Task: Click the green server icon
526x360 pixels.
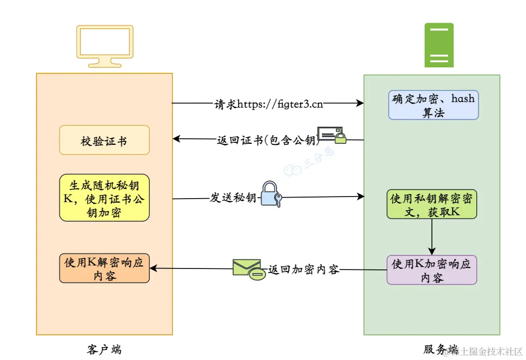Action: coord(439,45)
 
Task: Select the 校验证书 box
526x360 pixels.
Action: coord(105,140)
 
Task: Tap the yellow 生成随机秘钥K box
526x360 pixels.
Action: coord(105,198)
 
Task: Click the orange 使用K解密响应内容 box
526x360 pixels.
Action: coord(105,268)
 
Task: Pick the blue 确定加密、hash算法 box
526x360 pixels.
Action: coord(433,105)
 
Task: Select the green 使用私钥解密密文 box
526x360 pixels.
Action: coord(432,204)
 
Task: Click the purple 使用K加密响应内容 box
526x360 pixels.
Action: coord(432,270)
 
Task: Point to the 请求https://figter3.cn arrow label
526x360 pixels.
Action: coord(269,104)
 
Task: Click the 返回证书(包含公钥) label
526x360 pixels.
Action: coord(266,140)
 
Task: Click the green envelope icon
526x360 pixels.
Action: coord(248,269)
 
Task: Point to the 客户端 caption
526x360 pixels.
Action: coord(104,349)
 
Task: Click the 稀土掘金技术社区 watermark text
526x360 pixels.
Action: coord(484,351)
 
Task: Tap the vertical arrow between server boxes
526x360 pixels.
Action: coord(431,237)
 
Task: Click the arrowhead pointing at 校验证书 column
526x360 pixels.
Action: coord(177,139)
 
